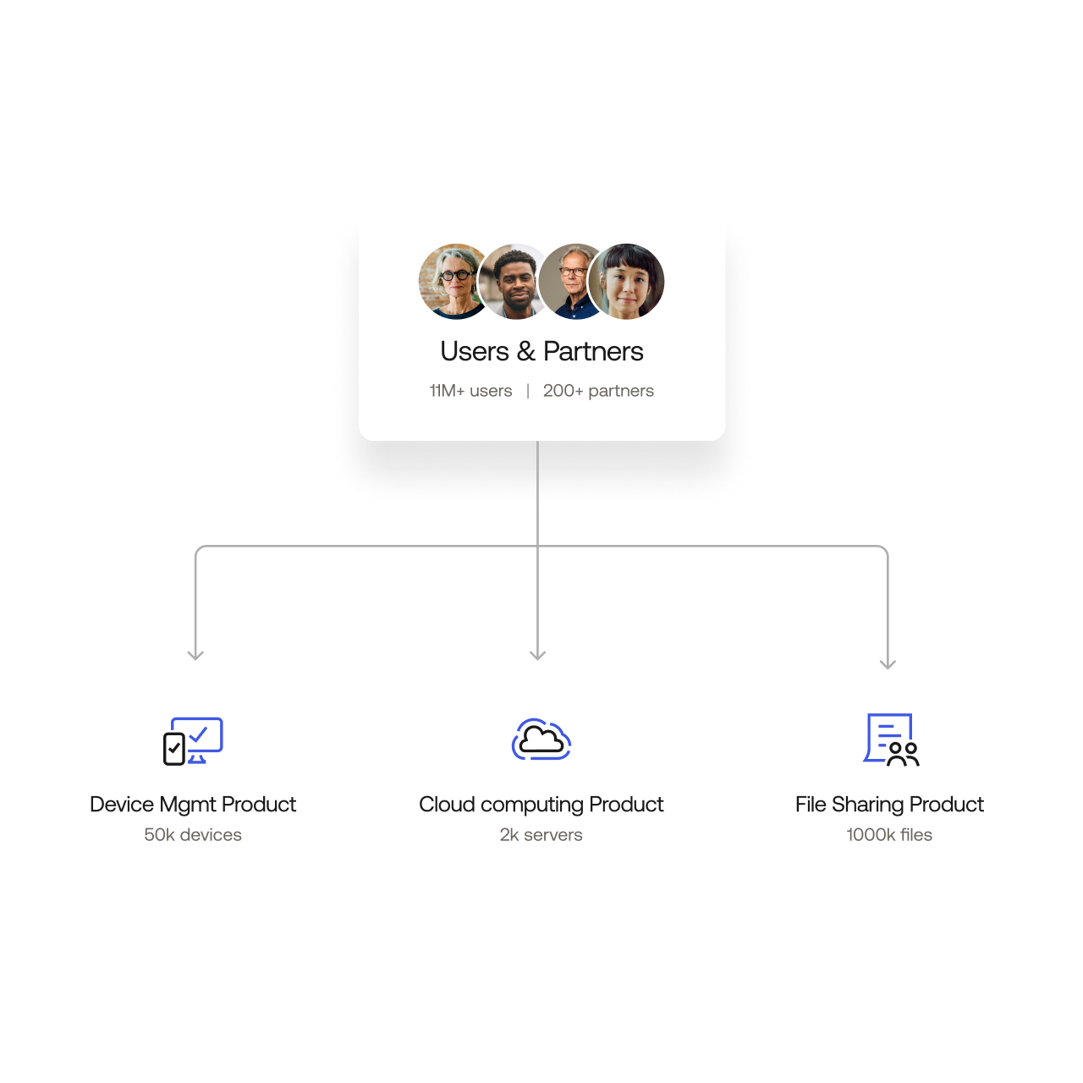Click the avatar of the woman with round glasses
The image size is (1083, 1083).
(x=450, y=281)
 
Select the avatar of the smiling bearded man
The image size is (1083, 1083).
(x=512, y=282)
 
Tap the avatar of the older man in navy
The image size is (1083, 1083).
(x=571, y=282)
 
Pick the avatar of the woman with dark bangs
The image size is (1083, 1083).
(x=628, y=282)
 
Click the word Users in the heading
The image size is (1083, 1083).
(x=475, y=351)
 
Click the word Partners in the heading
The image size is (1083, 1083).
(x=593, y=351)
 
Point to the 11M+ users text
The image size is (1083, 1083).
(x=470, y=391)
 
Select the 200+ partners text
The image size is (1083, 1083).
(x=598, y=391)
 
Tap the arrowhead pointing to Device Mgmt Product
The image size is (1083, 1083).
(x=195, y=654)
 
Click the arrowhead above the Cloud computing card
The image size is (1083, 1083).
(x=537, y=654)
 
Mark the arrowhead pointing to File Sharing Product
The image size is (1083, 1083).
(x=888, y=663)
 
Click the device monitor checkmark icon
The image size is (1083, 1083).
(x=193, y=741)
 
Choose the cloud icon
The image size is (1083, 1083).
(x=541, y=739)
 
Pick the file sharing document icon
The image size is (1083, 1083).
(x=890, y=740)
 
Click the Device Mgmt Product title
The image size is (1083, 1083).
(x=193, y=805)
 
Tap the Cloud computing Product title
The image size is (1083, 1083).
(x=541, y=805)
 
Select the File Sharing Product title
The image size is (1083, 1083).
(x=889, y=805)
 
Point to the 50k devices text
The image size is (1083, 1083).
(x=193, y=835)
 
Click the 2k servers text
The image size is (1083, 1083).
(x=541, y=835)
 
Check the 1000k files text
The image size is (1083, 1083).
(x=889, y=835)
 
